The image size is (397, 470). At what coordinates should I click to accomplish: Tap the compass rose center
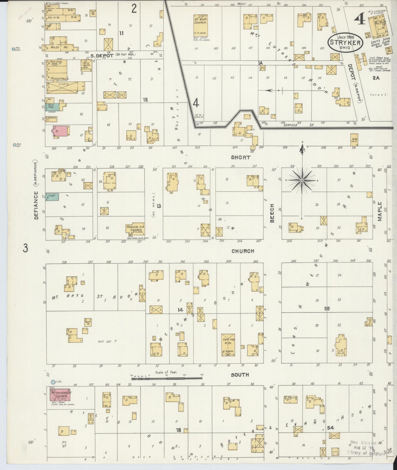[x=302, y=180]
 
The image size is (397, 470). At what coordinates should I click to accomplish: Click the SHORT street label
[x=240, y=157]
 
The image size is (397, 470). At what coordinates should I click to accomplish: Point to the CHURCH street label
[x=243, y=251]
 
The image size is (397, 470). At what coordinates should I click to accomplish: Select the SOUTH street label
[x=240, y=375]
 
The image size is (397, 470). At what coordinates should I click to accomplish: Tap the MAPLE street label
[x=379, y=211]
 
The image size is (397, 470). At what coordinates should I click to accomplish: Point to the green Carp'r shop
[x=52, y=197]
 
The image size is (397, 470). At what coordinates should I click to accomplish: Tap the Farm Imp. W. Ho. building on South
[x=228, y=345]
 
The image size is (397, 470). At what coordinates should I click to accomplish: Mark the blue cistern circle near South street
[x=53, y=382]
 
